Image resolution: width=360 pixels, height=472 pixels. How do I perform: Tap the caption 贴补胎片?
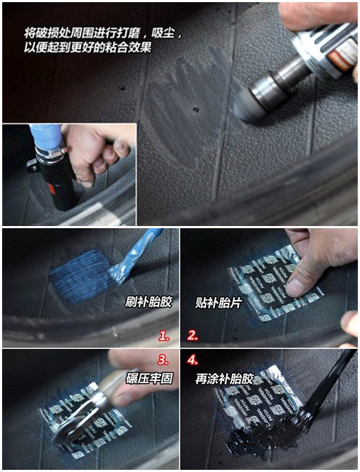214,302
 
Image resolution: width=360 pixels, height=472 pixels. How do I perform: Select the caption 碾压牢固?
148,378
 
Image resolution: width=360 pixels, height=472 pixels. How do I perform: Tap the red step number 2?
193,335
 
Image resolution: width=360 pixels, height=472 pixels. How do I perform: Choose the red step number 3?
163,360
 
